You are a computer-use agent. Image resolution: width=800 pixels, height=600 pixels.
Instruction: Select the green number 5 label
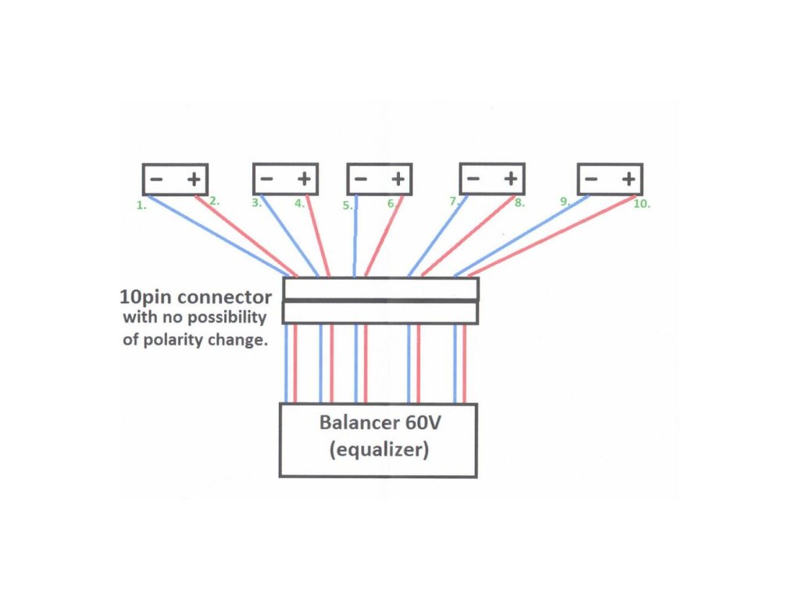[348, 206]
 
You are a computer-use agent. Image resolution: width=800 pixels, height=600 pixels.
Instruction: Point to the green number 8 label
[520, 203]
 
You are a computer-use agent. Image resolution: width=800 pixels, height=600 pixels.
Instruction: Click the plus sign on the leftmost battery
[194, 180]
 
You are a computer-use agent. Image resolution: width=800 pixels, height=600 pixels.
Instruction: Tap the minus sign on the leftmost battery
[156, 180]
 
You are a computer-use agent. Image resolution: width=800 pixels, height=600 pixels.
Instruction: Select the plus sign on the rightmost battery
[628, 180]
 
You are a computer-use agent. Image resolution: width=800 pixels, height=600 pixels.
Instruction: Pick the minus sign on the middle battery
[361, 180]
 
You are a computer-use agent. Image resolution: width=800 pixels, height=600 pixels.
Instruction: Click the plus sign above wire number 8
[511, 180]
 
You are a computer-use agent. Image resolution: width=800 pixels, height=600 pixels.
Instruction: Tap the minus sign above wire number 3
[266, 180]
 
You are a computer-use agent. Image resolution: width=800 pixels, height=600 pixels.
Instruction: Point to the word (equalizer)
[378, 451]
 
